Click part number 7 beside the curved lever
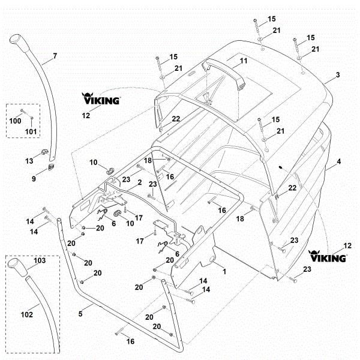coord(55,56)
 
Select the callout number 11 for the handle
coord(244,61)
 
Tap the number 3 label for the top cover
coord(338,74)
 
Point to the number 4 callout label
coord(339,161)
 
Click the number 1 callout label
coord(224,271)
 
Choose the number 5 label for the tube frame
coord(80,314)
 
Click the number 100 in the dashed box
coord(15,121)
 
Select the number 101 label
coord(31,131)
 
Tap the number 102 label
coord(27,314)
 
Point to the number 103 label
coord(40,260)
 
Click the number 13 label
coord(29,161)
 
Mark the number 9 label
coord(34,179)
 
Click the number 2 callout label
coord(140,182)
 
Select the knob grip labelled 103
coord(17,268)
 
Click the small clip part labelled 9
coord(51,167)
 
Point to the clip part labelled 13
coord(44,152)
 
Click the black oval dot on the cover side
coord(281,167)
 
